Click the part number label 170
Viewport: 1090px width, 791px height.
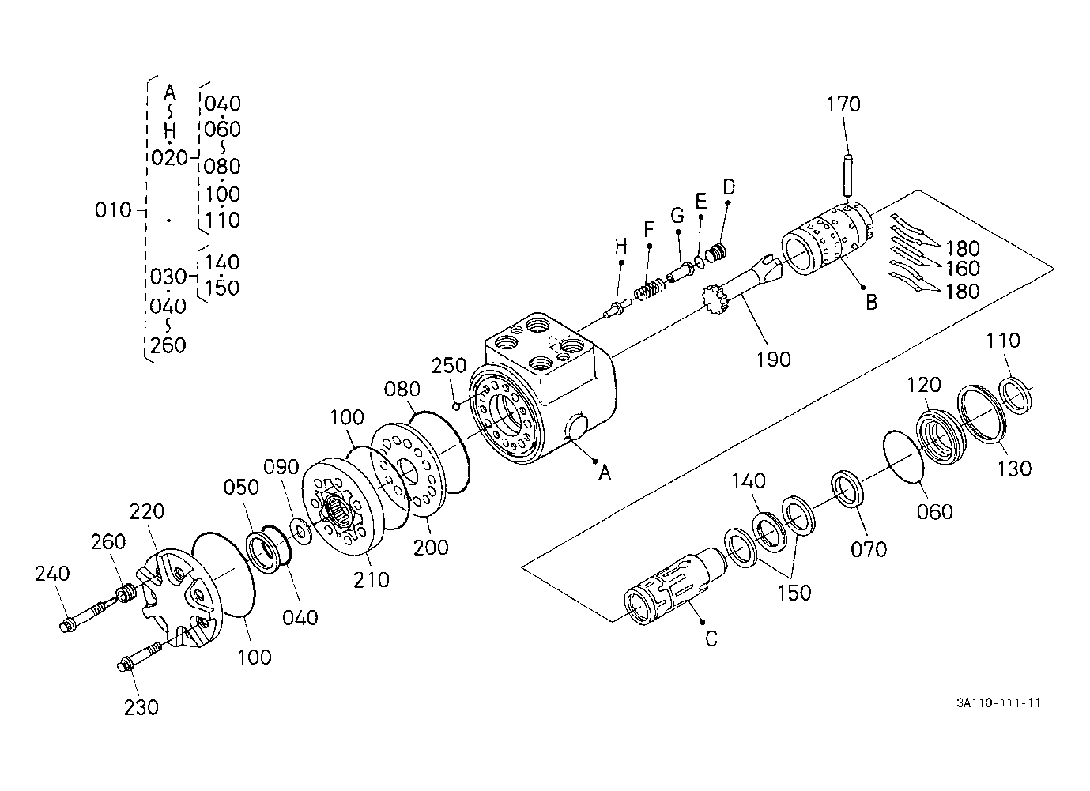[x=843, y=104]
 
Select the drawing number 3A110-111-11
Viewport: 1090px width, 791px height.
[x=998, y=703]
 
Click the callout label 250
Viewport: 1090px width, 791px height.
[x=449, y=365]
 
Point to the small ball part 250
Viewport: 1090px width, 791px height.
[x=456, y=405]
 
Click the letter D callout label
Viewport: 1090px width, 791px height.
[x=729, y=186]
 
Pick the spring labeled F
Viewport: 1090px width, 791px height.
[x=647, y=290]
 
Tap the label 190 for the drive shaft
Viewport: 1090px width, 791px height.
[x=773, y=360]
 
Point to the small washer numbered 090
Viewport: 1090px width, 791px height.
[x=300, y=532]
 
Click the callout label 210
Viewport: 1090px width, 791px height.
[x=371, y=580]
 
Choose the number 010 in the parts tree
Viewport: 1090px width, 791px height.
[x=113, y=210]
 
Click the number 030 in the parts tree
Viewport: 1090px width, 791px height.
[x=168, y=277]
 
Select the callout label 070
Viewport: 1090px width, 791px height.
[x=869, y=549]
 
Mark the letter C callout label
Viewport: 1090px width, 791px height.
[x=711, y=638]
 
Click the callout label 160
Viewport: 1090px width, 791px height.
[x=963, y=268]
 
